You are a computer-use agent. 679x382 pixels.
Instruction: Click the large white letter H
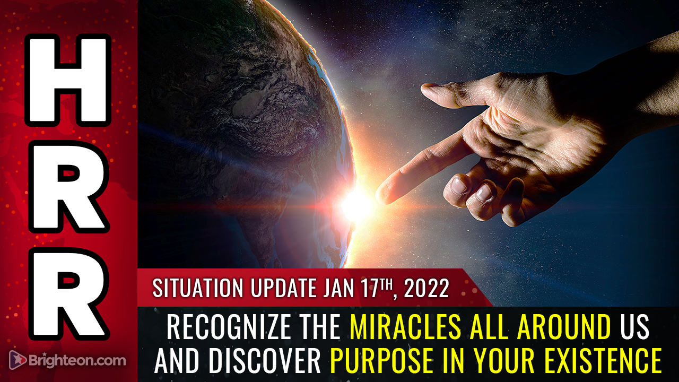[x=68, y=80]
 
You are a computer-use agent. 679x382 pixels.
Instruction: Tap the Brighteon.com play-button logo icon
[x=18, y=360]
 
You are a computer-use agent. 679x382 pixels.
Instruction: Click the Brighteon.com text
[x=77, y=360]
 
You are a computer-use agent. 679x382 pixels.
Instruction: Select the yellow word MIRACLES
[x=406, y=327]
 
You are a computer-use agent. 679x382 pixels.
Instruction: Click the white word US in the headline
[x=633, y=327]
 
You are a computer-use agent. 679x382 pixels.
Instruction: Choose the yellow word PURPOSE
[x=381, y=361]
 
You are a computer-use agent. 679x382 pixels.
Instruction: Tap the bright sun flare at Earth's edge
[x=356, y=205]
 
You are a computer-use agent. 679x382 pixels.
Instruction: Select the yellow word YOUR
[x=503, y=361]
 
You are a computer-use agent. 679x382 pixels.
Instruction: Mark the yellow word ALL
[x=489, y=327]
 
